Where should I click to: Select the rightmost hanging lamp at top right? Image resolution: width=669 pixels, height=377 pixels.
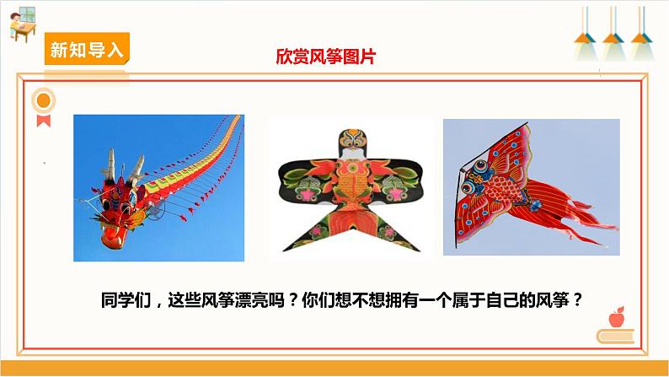(x=642, y=37)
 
